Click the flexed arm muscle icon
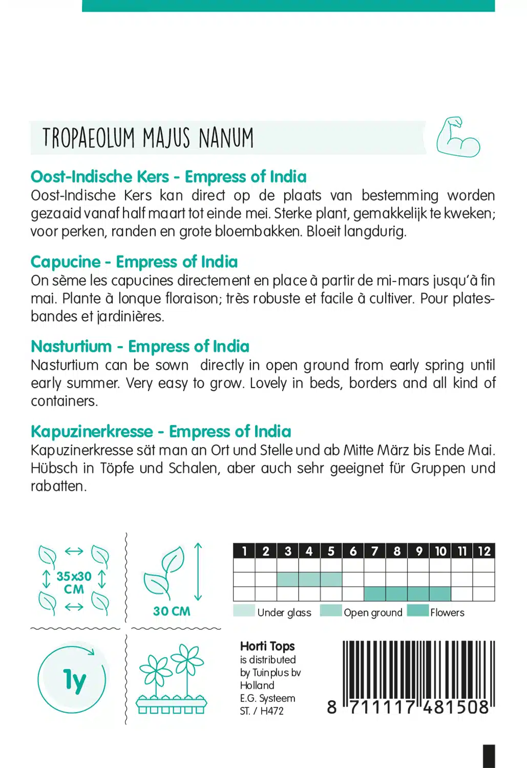[458, 137]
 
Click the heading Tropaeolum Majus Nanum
[148, 138]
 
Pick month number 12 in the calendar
[484, 551]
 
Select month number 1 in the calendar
[244, 551]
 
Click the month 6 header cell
[353, 551]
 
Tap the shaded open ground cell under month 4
[309, 580]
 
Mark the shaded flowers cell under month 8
[397, 594]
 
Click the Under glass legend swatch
[244, 611]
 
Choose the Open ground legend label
[373, 612]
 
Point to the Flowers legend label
[447, 612]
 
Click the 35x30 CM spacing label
[74, 583]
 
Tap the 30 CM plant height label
[172, 611]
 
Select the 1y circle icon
[72, 680]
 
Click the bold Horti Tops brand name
[267, 646]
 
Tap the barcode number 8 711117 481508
[408, 708]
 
